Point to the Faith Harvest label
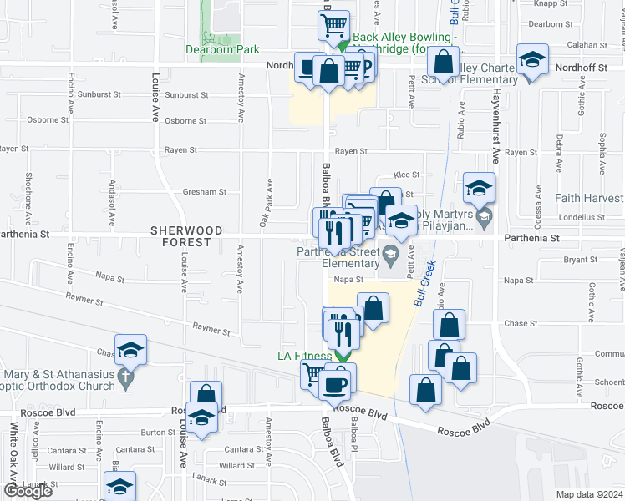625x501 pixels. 590,199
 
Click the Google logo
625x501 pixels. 28,491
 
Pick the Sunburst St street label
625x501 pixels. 186,95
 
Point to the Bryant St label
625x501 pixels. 577,261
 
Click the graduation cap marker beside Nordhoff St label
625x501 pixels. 531,61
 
